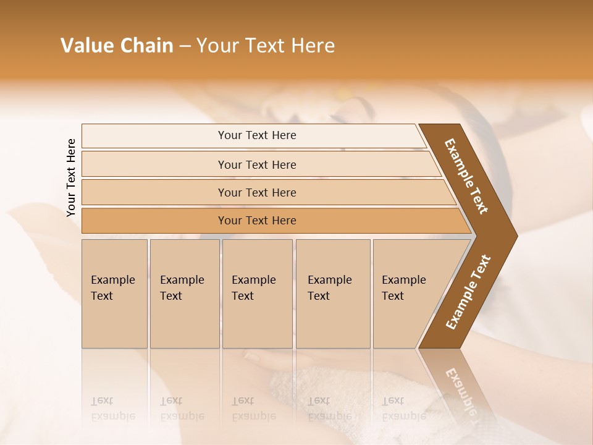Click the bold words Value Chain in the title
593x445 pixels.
coord(117,46)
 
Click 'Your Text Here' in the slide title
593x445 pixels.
coord(266,46)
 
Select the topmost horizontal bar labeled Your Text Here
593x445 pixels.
coord(256,135)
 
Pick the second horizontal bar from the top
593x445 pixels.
coord(256,164)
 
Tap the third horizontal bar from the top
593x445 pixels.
coord(256,192)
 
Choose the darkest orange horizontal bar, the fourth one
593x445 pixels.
coord(256,221)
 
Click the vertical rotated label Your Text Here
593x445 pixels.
coord(71,177)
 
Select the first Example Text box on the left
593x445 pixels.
coord(114,293)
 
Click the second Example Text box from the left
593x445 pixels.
coord(184,293)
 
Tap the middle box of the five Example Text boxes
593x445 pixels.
coord(257,293)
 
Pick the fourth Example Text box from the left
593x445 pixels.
coord(332,293)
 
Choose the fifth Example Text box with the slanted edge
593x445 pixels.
coord(408,293)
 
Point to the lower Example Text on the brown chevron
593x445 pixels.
coord(468,292)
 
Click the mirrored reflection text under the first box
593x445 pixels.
coord(112,409)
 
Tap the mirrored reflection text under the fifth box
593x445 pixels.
coord(403,409)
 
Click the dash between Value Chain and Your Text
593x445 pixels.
coord(185,46)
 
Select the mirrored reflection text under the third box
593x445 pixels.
coord(253,409)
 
